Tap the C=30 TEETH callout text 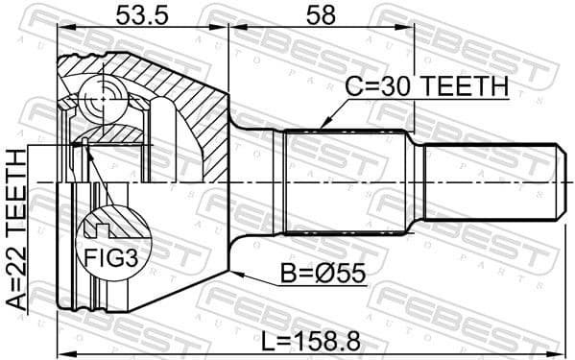[427, 87]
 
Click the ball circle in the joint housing [101, 97]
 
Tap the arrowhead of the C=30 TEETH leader [323, 128]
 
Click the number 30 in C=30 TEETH [390, 87]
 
